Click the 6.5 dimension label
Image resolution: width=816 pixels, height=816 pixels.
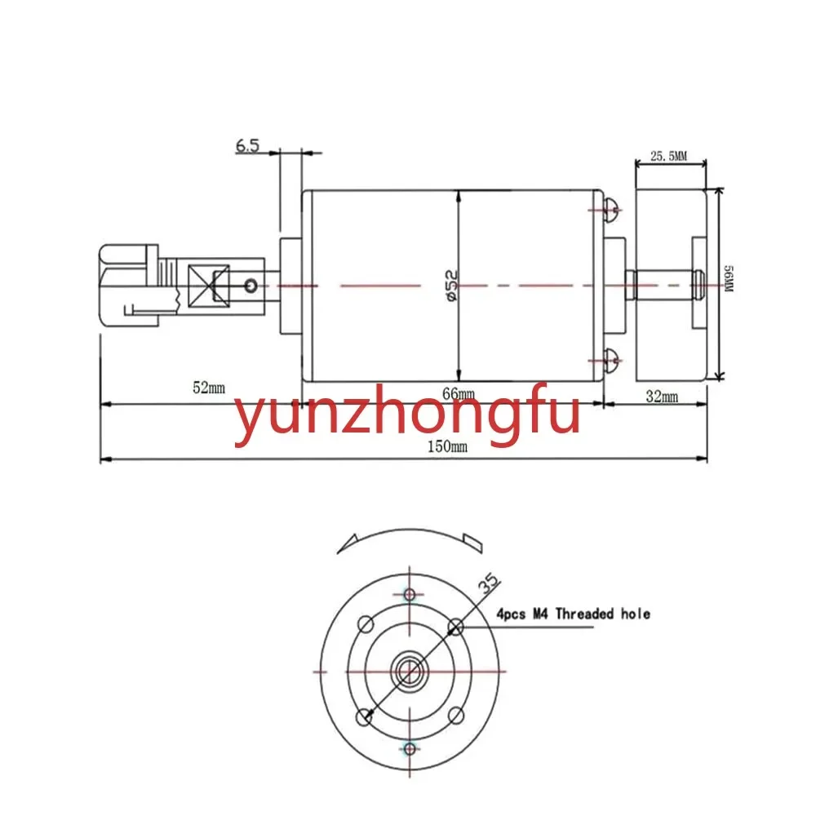pos(248,145)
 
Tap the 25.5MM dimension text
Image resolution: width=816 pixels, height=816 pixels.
pos(669,156)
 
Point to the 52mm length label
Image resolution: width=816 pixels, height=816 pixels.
pos(209,388)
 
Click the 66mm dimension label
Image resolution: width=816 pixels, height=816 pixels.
pos(459,394)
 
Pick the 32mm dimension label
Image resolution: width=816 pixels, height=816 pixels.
pos(662,397)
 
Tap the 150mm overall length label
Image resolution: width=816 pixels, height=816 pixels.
pos(447,446)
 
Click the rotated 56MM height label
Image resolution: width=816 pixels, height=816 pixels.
pos(729,279)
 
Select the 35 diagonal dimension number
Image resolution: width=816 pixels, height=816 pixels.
pos(489,584)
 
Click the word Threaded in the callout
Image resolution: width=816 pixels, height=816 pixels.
pos(585,614)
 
